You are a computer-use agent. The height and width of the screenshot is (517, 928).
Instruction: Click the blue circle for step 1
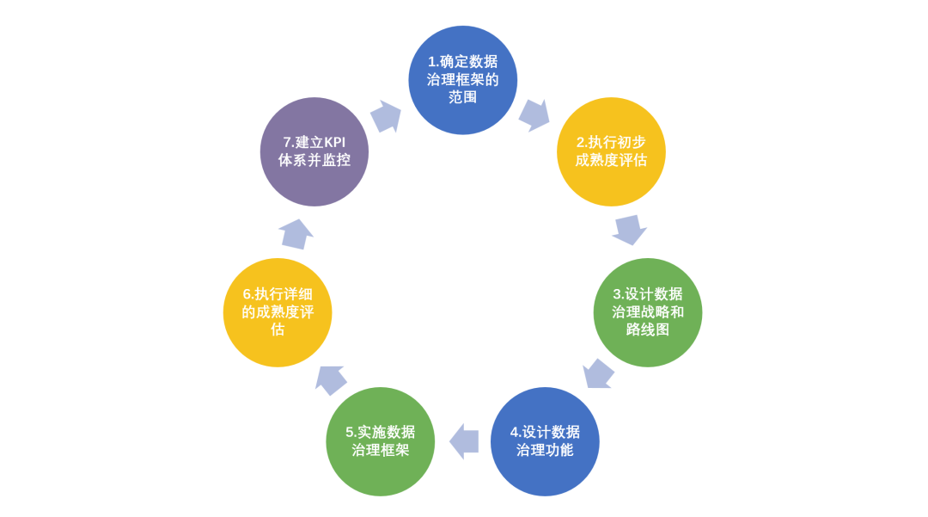462,80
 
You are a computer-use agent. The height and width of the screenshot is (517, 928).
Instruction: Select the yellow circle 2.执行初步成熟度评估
611,151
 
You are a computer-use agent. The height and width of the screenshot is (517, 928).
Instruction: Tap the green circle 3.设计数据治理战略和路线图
648,312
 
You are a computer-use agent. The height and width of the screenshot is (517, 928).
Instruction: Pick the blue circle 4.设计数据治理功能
545,441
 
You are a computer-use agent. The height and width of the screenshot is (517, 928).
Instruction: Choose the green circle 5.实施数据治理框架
381,441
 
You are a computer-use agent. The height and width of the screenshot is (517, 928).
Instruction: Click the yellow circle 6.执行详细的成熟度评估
278,312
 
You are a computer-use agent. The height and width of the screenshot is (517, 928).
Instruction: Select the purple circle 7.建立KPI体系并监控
314,151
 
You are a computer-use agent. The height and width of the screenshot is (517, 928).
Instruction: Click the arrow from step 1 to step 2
534,114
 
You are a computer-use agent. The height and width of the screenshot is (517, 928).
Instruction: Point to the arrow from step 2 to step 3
630,230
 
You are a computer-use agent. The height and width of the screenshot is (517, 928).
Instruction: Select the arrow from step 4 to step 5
463,441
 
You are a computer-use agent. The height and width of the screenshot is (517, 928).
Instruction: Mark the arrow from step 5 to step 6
331,378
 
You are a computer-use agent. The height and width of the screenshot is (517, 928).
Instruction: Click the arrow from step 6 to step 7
296,233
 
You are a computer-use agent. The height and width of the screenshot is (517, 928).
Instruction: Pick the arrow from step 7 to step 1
386,116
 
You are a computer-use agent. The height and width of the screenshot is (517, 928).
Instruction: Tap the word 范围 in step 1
462,97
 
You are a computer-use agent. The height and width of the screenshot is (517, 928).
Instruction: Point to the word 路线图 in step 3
648,329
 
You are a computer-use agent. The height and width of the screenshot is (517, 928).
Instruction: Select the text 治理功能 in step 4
545,450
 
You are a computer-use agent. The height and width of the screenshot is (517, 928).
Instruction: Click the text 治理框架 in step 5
381,450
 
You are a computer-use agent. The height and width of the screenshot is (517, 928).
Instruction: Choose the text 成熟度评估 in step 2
611,160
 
